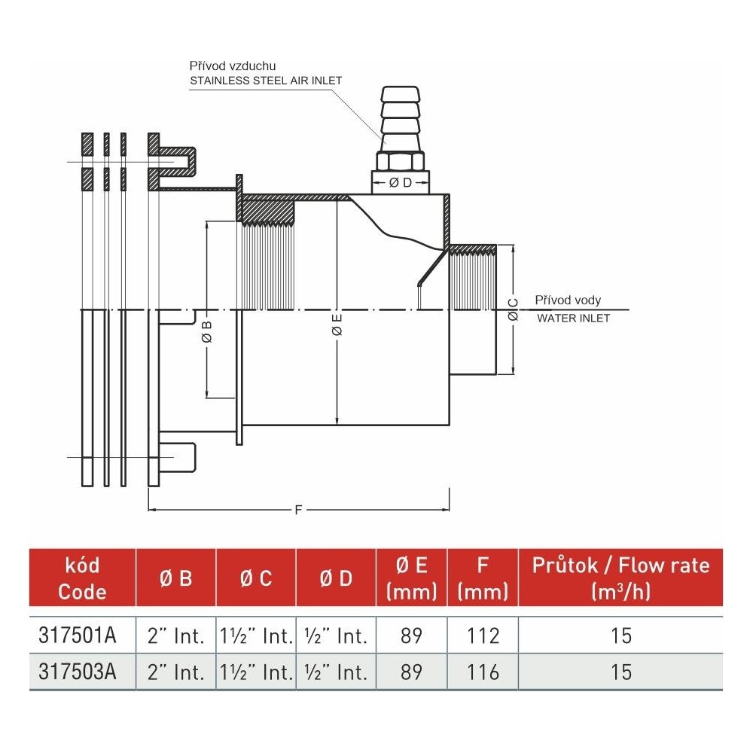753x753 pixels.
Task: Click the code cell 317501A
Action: tap(77, 636)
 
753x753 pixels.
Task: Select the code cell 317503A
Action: tap(77, 671)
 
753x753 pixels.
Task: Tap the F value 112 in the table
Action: tap(483, 636)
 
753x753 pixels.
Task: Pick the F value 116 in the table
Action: tap(483, 671)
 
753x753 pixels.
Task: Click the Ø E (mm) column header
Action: tap(411, 578)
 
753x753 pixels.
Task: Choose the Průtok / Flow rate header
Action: tap(620, 578)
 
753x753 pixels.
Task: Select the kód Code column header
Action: tap(82, 578)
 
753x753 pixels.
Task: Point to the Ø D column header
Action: tap(335, 578)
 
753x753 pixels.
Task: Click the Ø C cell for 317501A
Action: tap(255, 636)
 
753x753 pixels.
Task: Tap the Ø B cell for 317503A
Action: tap(175, 671)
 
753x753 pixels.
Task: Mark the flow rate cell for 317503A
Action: tap(621, 671)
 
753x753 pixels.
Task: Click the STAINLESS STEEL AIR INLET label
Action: tap(266, 81)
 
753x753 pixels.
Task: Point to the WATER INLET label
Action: tap(573, 319)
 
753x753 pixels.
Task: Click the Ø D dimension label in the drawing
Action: tap(400, 183)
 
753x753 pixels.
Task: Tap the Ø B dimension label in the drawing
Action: tap(207, 332)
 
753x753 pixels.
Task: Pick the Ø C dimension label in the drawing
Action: tap(514, 309)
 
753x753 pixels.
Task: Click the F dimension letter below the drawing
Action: tap(298, 511)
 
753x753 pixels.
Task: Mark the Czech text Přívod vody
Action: tap(568, 300)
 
